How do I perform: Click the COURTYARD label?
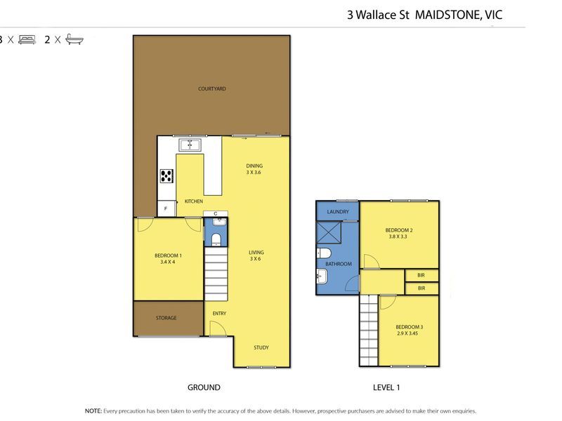(212, 88)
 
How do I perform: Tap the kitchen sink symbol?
(190, 145)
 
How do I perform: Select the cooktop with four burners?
(166, 176)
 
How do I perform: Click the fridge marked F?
(166, 208)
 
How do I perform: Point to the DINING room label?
(254, 166)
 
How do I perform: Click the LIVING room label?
(256, 253)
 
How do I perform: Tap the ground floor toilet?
(216, 239)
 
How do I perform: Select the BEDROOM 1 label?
(168, 255)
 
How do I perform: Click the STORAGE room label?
(166, 318)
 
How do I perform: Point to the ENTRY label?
(219, 313)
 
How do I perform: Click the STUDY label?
(261, 347)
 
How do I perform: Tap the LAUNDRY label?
(338, 212)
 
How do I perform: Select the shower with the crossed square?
(329, 233)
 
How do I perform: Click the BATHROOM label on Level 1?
(339, 264)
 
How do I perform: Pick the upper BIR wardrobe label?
(421, 275)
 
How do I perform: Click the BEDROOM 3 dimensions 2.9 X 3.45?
(407, 333)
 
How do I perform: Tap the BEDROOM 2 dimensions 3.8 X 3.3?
(398, 236)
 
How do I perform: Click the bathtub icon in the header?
(74, 39)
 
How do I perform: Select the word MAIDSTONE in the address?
(447, 15)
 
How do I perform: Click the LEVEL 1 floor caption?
(386, 387)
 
